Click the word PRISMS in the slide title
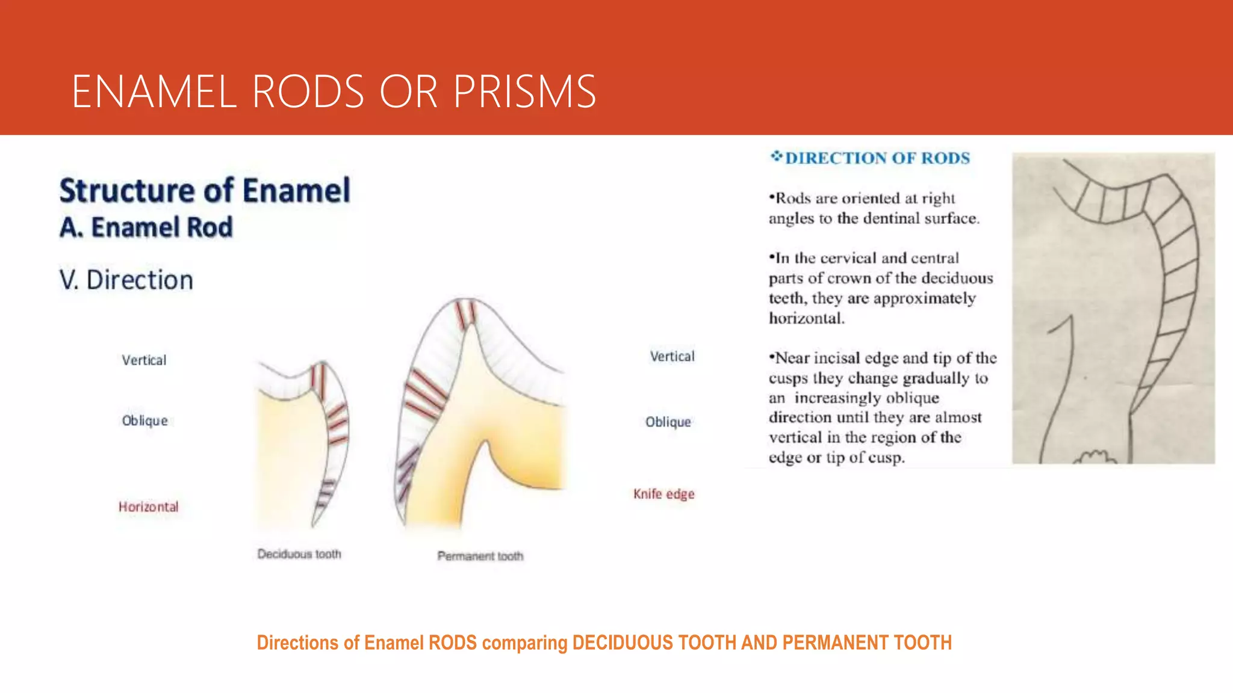coord(524,91)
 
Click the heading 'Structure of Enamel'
coord(205,191)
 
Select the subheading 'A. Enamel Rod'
coord(146,227)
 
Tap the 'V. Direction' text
coord(126,280)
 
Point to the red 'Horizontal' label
coord(148,507)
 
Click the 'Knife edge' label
coord(663,494)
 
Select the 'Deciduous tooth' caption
coord(299,553)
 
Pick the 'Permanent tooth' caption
coord(480,556)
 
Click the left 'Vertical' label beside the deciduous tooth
coord(144,360)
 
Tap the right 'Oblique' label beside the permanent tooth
coord(668,422)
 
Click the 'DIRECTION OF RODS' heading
coord(877,158)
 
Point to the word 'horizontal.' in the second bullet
coord(807,318)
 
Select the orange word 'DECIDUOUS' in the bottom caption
coord(623,642)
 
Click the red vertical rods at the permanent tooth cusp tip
coord(465,315)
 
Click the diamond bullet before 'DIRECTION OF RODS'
coord(776,157)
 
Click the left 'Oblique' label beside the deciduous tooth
coord(144,420)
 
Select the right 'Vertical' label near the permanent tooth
coord(672,356)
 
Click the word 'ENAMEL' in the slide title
coord(154,91)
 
